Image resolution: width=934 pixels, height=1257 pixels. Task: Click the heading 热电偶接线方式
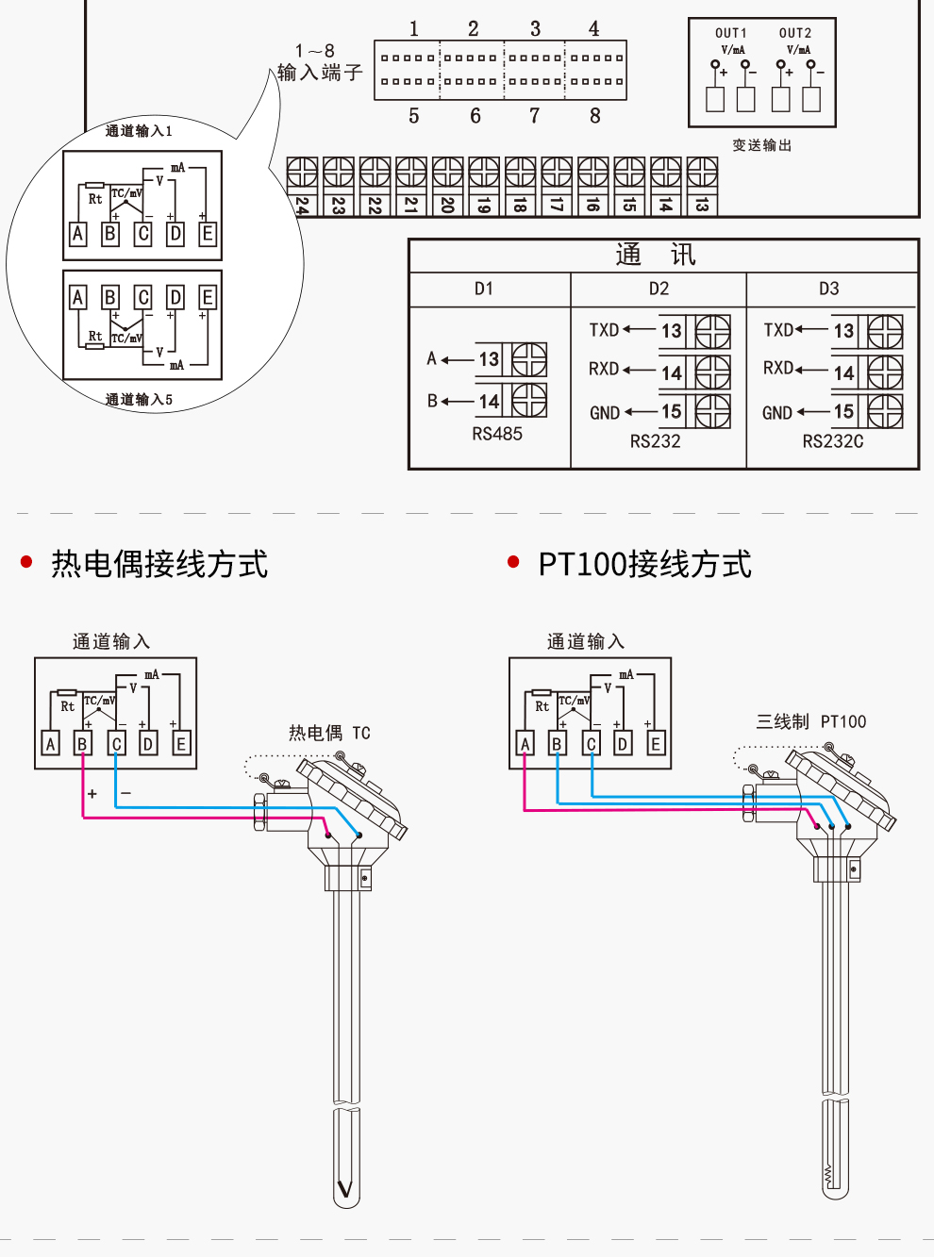(159, 564)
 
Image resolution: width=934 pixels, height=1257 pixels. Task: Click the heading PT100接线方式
(644, 564)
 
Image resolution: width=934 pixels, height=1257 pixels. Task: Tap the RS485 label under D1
(497, 434)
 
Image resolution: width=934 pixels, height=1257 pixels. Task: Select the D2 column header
(659, 289)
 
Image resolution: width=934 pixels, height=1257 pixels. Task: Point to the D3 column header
(828, 289)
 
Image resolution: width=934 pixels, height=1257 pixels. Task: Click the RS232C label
(832, 441)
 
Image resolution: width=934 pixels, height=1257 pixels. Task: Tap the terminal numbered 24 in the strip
(302, 205)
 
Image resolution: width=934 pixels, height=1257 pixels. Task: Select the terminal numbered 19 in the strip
(484, 205)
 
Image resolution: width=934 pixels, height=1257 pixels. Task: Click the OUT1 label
(730, 33)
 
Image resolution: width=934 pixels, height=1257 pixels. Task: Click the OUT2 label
(795, 33)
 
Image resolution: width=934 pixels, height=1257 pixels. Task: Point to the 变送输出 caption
(762, 145)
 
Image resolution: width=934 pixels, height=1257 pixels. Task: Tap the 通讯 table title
(656, 255)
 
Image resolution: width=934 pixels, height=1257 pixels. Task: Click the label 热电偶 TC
(329, 733)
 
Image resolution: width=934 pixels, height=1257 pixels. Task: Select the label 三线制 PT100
(810, 721)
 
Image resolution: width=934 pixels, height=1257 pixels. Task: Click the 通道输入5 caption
(139, 400)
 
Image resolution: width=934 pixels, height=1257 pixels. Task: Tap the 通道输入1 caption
(139, 131)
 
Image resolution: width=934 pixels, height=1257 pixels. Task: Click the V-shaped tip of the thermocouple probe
(346, 1189)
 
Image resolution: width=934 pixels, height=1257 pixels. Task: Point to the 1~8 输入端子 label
(319, 62)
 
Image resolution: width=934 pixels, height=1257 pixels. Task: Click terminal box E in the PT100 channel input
(656, 743)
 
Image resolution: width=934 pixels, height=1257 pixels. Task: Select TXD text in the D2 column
(604, 330)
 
